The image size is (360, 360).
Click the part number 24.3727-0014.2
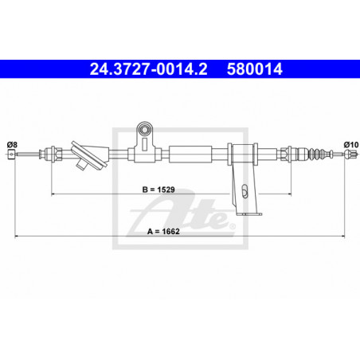148,69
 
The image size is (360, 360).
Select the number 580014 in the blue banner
255,69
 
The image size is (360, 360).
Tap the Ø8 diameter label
12,145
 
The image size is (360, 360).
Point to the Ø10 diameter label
351,145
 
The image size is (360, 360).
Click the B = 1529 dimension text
158,190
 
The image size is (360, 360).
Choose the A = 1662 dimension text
163,232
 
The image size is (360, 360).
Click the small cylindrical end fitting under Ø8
11,154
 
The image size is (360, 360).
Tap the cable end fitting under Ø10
350,154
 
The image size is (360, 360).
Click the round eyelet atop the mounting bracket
145,130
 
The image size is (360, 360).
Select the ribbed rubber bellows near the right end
317,154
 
